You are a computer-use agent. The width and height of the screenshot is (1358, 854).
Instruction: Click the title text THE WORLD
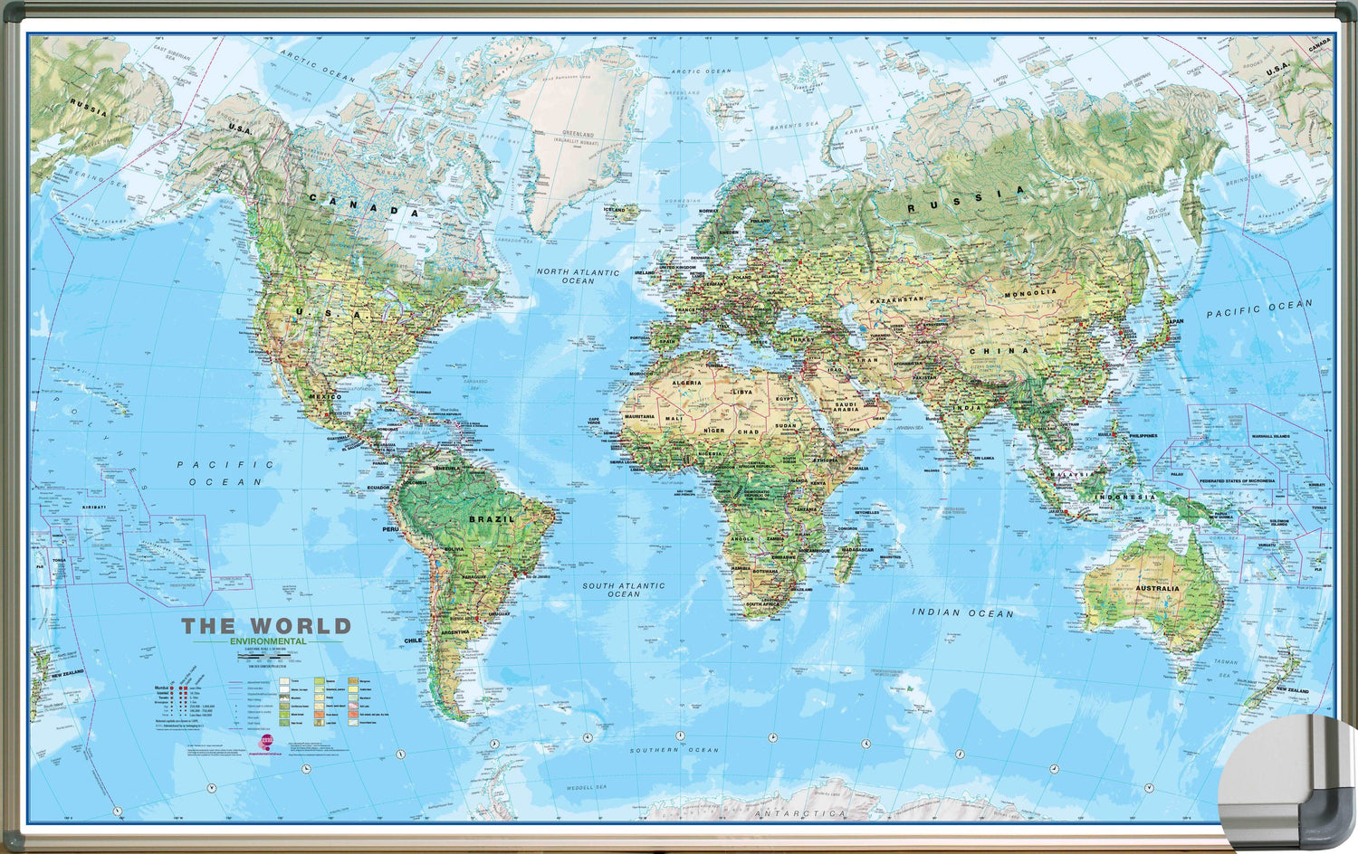pos(266,626)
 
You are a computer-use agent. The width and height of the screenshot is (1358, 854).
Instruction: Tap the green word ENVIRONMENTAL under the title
pos(268,641)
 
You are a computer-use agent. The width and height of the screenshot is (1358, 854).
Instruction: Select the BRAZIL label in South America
pos(491,519)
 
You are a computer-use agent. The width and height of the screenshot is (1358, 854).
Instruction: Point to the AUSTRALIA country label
pos(1157,589)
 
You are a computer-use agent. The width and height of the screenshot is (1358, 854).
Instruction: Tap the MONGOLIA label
pos(1030,294)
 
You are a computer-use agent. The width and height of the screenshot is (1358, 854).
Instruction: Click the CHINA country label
pos(999,350)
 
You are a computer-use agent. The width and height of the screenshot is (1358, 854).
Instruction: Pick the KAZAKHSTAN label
pos(897,299)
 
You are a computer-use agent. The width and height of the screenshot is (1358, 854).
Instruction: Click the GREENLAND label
pos(578,135)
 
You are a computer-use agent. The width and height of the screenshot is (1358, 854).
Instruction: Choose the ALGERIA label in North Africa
pos(686,384)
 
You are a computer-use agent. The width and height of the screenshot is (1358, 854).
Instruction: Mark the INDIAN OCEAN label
pos(962,613)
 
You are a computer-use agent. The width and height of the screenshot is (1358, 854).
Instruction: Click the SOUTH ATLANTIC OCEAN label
pos(623,590)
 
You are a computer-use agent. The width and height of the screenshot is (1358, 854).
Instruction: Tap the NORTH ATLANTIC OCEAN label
pos(578,276)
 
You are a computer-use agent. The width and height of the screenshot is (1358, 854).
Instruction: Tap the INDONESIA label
pos(1126,498)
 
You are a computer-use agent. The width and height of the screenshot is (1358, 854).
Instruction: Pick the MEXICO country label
pos(325,397)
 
